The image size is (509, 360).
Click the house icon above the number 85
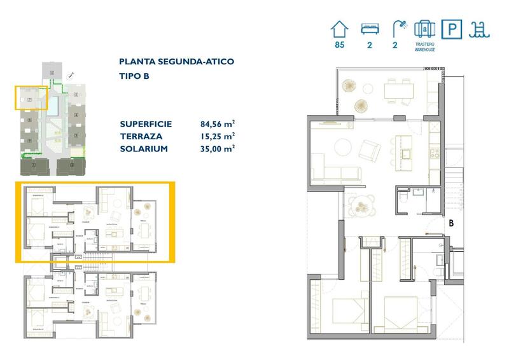coord(340,29)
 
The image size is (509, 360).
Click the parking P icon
coord(451,29)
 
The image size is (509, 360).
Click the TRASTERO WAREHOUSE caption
coord(424,47)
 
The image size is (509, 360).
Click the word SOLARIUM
coord(143,148)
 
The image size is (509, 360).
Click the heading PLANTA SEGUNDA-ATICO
coord(176,62)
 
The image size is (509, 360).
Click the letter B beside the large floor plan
coord(451,223)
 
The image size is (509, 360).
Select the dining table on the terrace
coord(398,91)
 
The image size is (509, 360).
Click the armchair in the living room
coord(370,151)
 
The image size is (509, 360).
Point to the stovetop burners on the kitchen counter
coord(436,153)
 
